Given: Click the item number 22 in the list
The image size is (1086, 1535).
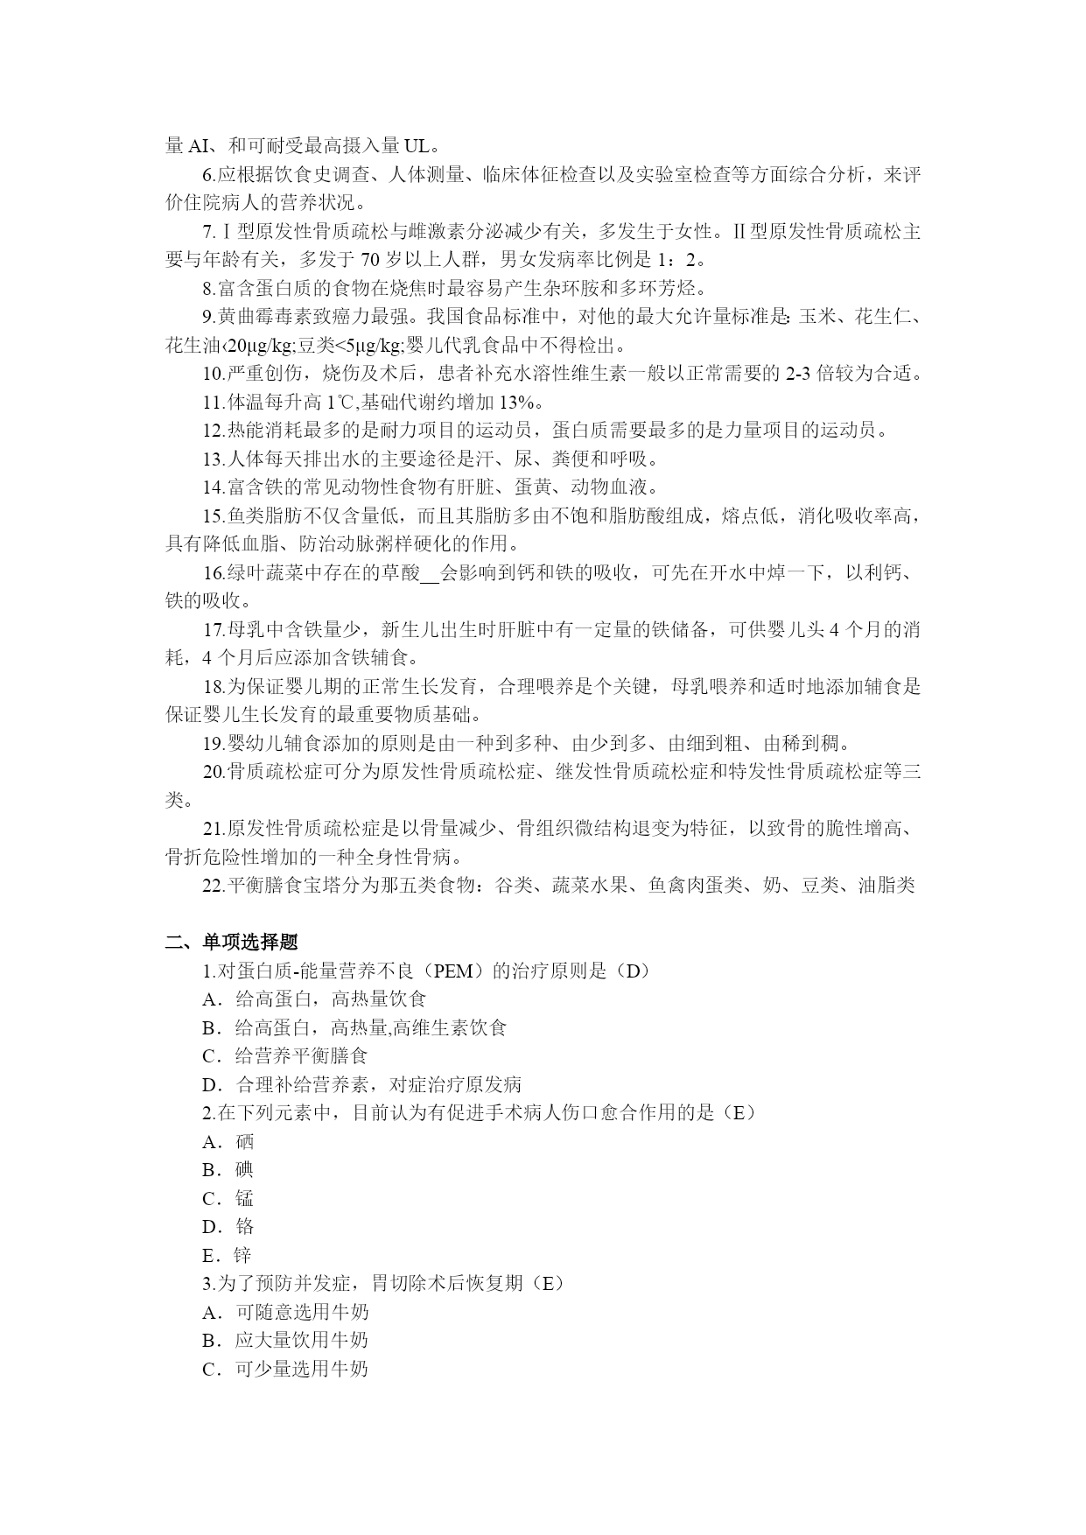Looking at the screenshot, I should [x=213, y=885].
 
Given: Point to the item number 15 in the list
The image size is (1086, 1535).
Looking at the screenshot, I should [x=213, y=515].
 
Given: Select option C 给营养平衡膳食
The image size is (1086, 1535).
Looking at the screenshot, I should [x=285, y=1055].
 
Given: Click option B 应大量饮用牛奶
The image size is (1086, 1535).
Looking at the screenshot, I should [x=285, y=1340].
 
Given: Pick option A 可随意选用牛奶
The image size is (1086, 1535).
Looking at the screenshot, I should [x=285, y=1312].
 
